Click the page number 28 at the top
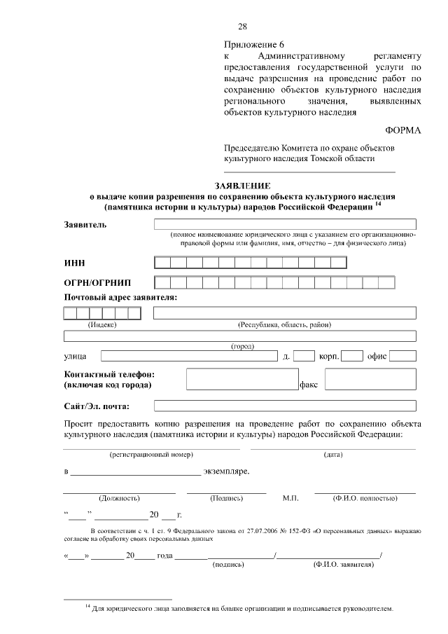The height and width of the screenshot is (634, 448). (x=242, y=27)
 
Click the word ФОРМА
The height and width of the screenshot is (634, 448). (x=402, y=130)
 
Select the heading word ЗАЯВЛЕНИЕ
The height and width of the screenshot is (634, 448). (x=243, y=186)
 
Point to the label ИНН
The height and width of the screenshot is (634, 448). (x=74, y=263)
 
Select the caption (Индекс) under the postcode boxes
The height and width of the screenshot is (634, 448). (x=101, y=324)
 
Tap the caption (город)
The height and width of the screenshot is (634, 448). (x=242, y=346)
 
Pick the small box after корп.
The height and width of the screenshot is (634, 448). (x=351, y=356)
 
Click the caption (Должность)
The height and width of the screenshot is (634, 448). (x=119, y=498)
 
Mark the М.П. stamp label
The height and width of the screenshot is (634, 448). (x=290, y=498)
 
